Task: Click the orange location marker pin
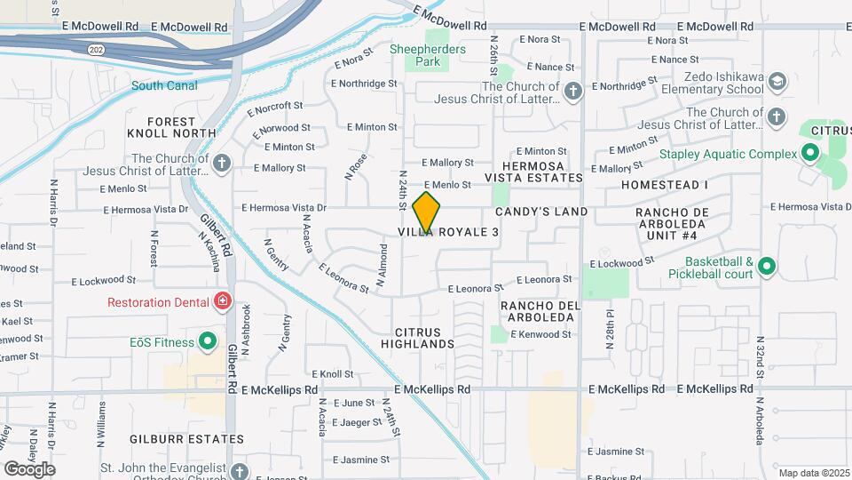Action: pos(427,212)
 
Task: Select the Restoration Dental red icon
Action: pos(222,302)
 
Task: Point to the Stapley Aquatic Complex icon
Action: pos(809,154)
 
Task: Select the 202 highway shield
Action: pos(97,51)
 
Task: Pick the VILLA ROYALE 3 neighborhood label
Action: pos(447,232)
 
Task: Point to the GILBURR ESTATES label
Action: pos(185,439)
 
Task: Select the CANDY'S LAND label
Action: pos(541,212)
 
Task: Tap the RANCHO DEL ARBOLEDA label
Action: pos(540,312)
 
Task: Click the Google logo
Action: pos(28,468)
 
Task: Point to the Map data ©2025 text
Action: pos(813,473)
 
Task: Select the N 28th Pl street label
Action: pos(611,328)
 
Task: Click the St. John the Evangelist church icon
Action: pos(240,471)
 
